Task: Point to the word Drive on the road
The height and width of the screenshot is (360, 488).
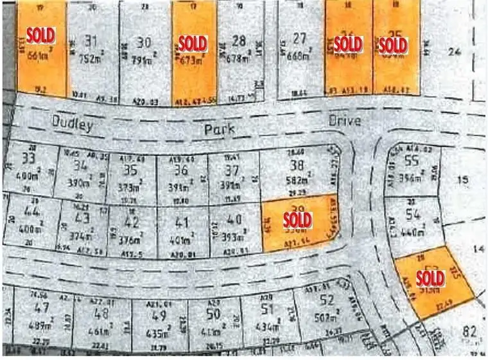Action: pyautogui.click(x=345, y=120)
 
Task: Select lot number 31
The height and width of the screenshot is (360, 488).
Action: pyautogui.click(x=92, y=41)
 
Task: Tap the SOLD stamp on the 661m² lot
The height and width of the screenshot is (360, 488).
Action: pyautogui.click(x=40, y=35)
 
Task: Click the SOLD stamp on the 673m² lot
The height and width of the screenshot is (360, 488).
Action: pyautogui.click(x=193, y=44)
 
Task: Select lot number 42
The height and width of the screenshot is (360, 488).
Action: pyautogui.click(x=132, y=223)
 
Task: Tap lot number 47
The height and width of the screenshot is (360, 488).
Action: pyautogui.click(x=43, y=307)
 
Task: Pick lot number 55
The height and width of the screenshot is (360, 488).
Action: pyautogui.click(x=413, y=162)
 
